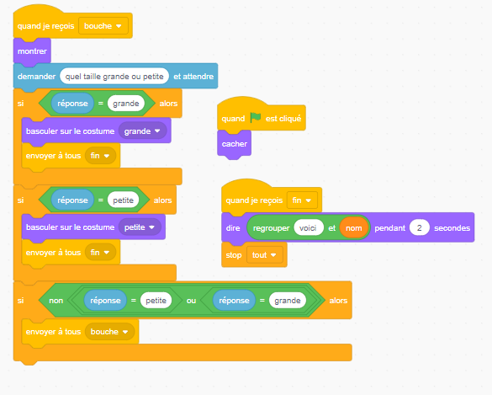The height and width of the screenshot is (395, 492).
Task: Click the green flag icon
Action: [256, 118]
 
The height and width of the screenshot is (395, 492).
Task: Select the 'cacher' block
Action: [234, 144]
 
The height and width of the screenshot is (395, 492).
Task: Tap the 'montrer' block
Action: [32, 51]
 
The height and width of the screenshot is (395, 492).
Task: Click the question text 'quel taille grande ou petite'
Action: [114, 77]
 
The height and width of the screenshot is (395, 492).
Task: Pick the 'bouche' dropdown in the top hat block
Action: [103, 26]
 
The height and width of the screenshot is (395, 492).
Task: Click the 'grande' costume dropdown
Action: [142, 131]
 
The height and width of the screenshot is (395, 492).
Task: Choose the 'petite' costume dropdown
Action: [140, 227]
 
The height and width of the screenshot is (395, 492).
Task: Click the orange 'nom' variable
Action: [353, 228]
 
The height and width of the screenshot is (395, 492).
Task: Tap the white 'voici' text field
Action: [308, 228]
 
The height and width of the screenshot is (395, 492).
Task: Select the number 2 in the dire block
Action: [419, 228]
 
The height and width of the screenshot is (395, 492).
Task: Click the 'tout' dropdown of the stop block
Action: [264, 255]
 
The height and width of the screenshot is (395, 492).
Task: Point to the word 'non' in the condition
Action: [56, 301]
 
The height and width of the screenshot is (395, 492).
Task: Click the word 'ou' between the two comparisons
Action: [191, 301]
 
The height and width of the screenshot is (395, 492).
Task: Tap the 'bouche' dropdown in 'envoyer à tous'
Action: [109, 332]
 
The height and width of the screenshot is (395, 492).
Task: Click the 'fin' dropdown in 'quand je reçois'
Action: [302, 200]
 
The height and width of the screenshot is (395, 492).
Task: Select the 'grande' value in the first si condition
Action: [126, 104]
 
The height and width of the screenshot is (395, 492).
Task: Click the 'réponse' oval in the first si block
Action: [72, 104]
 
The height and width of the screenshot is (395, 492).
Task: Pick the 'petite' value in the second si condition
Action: [123, 200]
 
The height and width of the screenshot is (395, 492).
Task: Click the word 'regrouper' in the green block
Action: [271, 228]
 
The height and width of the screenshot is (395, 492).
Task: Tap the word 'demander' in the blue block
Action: [36, 77]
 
